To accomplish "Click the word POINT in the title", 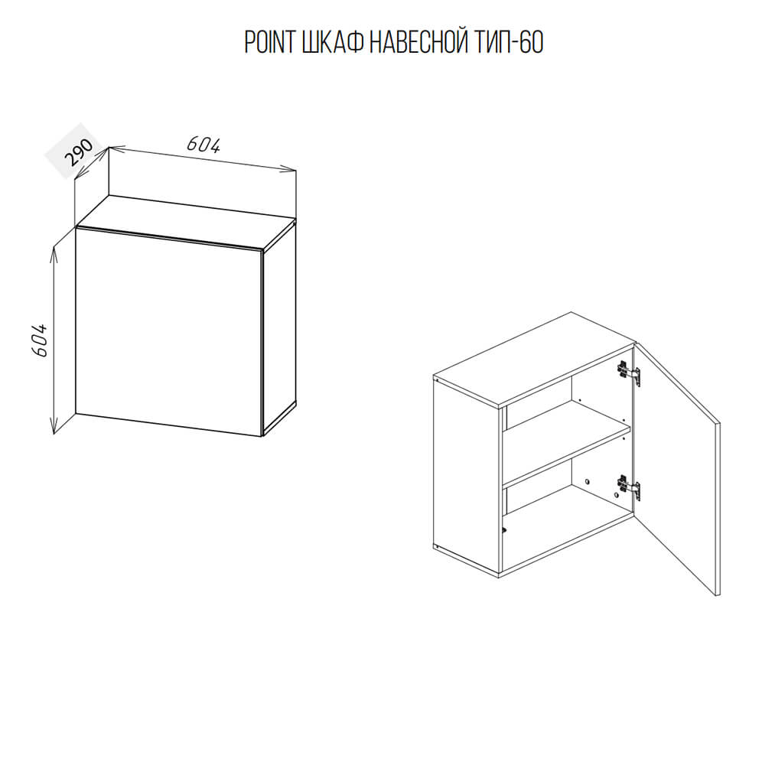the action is [269, 42].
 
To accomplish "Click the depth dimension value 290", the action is [79, 152].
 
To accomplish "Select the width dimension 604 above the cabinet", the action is [203, 144].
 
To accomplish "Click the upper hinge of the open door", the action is [629, 374].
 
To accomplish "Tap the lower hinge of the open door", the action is [629, 487].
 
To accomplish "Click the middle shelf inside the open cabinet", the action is [566, 447].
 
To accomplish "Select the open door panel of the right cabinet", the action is [677, 468].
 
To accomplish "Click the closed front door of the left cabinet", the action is [169, 332].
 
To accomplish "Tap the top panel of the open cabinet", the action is [534, 360].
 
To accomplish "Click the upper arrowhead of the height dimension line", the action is [54, 251].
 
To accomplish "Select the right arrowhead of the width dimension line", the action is [289, 169].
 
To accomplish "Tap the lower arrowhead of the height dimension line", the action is [54, 428].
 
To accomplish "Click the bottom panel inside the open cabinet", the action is [566, 542].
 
